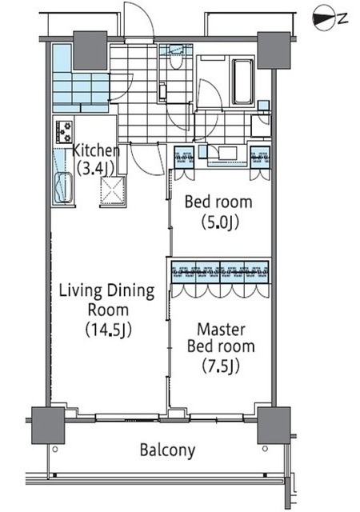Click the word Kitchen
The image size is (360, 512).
[96, 150]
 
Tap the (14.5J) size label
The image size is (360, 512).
[109, 330]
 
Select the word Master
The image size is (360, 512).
[221, 330]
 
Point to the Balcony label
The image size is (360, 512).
[167, 450]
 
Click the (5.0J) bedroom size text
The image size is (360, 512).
[220, 222]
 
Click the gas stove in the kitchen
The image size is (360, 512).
[64, 131]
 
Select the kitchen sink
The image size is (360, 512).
[63, 188]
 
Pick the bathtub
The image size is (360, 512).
[242, 82]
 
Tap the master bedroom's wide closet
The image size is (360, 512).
[220, 272]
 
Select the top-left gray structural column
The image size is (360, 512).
[90, 50]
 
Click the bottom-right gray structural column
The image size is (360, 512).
[274, 425]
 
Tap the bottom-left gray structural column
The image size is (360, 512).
[48, 425]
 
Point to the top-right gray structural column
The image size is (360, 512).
[274, 50]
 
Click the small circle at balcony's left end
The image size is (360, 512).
[55, 450]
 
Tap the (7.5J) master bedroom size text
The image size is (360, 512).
[221, 366]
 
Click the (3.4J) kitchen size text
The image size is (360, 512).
[94, 169]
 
